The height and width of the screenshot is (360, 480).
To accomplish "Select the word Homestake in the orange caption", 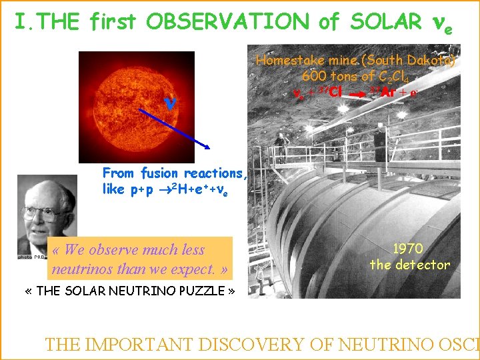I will pos(287,61).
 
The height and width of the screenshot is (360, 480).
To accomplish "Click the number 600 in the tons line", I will pos(314,76).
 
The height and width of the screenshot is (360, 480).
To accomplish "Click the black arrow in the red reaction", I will pos(357,95).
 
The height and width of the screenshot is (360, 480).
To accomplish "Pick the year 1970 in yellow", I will pos(407,249).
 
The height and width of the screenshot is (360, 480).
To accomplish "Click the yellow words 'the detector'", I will pos(410,265).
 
